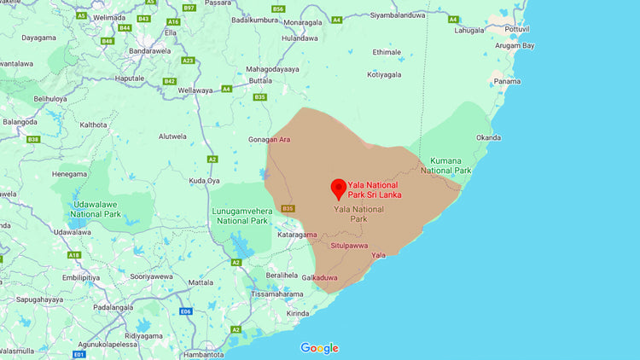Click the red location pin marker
pos(338,189)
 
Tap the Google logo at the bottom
pos(319,348)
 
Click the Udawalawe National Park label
pos(96,208)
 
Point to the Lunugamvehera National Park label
pos(242,215)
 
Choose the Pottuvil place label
pos(517,28)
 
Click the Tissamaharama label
pos(273,293)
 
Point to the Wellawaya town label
pos(195,90)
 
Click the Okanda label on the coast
pos(489,136)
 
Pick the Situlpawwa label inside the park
pos(349,246)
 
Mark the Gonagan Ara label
pos(270,139)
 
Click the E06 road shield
pos(186,311)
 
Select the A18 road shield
pos(74,255)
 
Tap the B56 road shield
pos(277,9)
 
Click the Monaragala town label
pos(307,21)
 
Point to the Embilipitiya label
pos(80,277)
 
